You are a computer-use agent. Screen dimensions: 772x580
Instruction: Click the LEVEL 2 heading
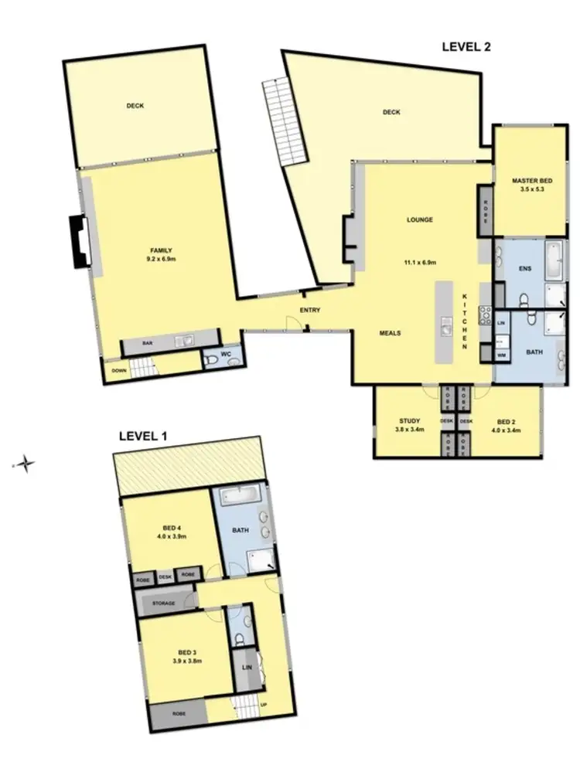466,46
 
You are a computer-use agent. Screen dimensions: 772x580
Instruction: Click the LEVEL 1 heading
143,436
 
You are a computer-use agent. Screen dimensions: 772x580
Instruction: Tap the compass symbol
26,464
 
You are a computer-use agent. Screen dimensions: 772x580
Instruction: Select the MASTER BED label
530,181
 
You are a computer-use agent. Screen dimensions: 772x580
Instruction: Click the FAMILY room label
160,250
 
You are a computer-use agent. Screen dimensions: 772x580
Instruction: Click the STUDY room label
405,420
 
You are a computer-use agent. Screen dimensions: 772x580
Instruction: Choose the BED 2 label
507,420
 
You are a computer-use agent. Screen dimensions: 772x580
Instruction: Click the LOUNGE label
420,219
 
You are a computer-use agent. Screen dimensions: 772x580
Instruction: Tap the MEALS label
389,334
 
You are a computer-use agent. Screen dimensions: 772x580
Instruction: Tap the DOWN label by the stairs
118,370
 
